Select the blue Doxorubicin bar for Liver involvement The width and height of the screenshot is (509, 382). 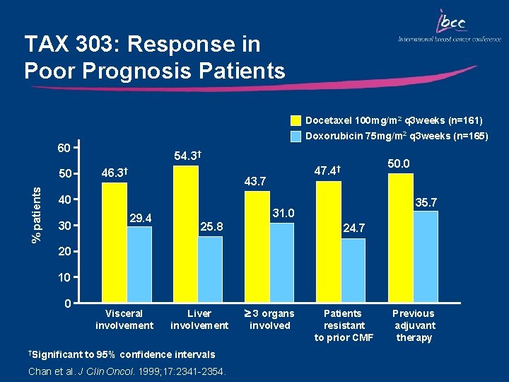tap(210, 267)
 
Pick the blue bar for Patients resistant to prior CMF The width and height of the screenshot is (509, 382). tap(353, 269)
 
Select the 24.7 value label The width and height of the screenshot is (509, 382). tap(353, 228)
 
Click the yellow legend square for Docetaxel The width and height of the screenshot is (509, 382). tap(296, 120)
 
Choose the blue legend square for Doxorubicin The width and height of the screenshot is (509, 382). tap(296, 135)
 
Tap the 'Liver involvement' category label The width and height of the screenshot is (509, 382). tap(199, 320)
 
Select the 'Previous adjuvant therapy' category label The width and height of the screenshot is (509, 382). tap(414, 325)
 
